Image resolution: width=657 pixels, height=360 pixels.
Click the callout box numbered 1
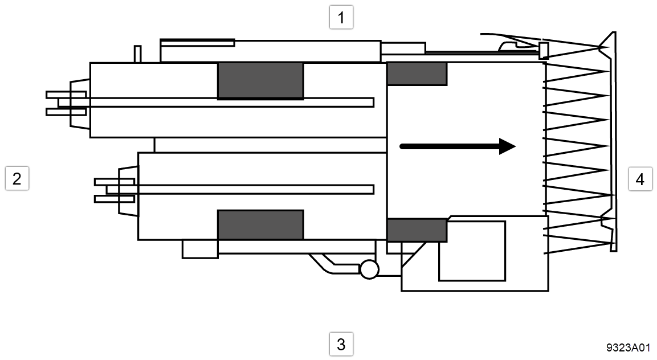[x=341, y=18]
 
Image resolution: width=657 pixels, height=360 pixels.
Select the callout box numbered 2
[x=17, y=178]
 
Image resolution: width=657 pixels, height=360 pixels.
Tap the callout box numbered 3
[x=341, y=344]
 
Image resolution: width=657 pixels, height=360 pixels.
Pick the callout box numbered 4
[x=640, y=179]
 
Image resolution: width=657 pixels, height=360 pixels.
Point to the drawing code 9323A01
[x=628, y=347]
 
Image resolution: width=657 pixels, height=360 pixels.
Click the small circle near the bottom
[x=369, y=269]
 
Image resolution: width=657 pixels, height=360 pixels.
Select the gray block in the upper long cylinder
[x=260, y=81]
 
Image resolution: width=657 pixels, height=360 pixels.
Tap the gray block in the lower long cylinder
[x=260, y=224]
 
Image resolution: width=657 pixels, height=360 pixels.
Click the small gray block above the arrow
[x=417, y=73]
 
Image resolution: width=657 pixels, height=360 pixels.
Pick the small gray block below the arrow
[x=417, y=230]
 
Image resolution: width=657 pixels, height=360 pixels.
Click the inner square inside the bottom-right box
[x=472, y=251]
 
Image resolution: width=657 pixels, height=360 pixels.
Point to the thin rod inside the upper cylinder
[x=228, y=102]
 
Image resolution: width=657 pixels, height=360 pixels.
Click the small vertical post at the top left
[x=137, y=53]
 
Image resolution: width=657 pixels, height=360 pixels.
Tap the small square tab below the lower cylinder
[x=199, y=249]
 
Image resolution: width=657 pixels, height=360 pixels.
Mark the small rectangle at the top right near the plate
[x=544, y=50]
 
